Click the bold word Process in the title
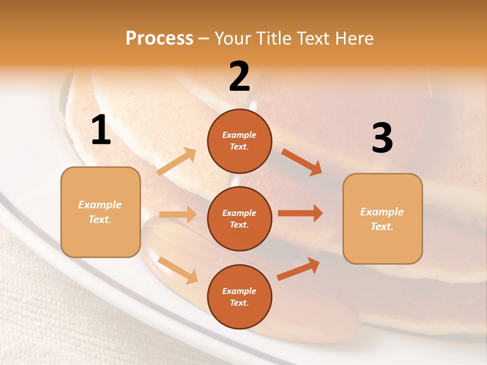(159, 39)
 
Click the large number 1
(101, 131)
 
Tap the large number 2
(239, 77)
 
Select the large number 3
(382, 138)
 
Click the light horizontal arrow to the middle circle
(178, 214)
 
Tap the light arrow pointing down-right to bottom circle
(178, 270)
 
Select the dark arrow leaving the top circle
(302, 162)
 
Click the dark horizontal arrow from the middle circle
(300, 213)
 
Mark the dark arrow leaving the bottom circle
(298, 269)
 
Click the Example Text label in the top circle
(239, 141)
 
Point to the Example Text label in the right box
(382, 219)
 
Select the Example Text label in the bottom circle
(239, 297)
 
